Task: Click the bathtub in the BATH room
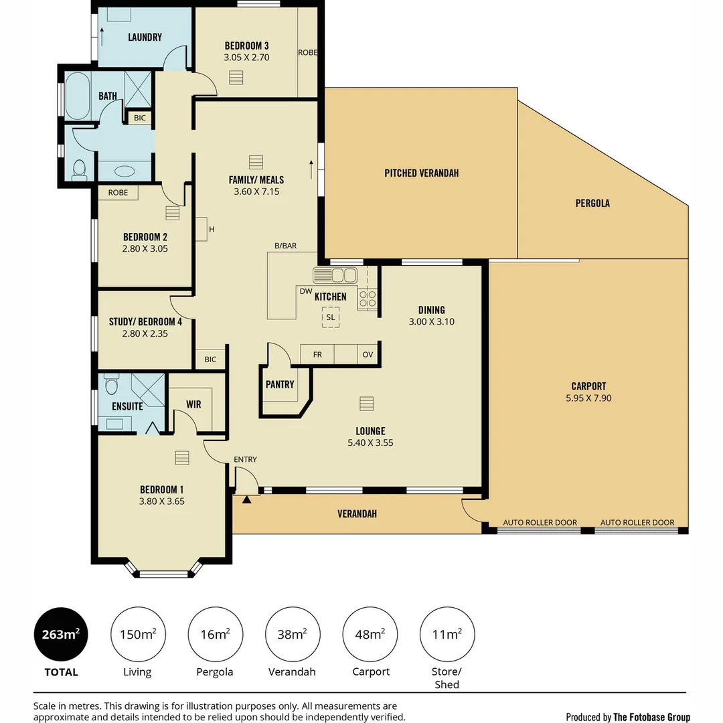tap(77, 96)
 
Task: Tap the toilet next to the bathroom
tap(79, 169)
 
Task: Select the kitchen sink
tap(335, 275)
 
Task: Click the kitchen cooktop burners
tap(368, 299)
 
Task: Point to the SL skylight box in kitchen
tap(331, 317)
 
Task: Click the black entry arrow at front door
tap(246, 499)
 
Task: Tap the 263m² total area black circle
tap(61, 635)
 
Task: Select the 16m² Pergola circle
tap(216, 635)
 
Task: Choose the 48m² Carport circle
tap(370, 635)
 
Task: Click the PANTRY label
tap(280, 384)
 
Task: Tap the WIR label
tap(193, 404)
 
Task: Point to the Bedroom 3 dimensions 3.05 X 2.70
tap(246, 58)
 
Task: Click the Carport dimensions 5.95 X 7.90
tap(589, 398)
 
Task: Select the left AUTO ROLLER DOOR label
tap(540, 522)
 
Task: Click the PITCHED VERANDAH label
tap(422, 173)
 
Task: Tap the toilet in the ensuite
tap(111, 384)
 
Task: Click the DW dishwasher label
tap(306, 291)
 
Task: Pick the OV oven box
tap(368, 354)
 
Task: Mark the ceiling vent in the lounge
tap(367, 404)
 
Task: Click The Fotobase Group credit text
tap(651, 717)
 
